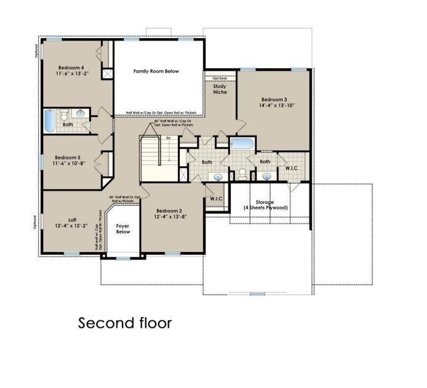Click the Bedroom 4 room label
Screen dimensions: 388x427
coord(71,67)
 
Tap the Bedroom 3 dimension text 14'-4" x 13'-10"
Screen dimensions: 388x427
coord(277,106)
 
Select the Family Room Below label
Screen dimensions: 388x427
coord(156,71)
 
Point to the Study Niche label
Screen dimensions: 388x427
coord(220,89)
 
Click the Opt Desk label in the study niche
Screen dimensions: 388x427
coord(220,78)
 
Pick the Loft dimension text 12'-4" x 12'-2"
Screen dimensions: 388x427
coord(71,227)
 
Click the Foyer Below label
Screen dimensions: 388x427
coord(123,229)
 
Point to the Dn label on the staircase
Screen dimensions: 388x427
coord(169,139)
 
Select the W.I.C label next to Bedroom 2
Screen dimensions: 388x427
coord(216,198)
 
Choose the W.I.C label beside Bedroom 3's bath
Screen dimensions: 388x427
coord(292,168)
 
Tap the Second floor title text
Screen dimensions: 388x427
coord(125,323)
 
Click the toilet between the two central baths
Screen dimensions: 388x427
coord(244,174)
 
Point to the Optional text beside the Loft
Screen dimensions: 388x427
coord(35,222)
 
